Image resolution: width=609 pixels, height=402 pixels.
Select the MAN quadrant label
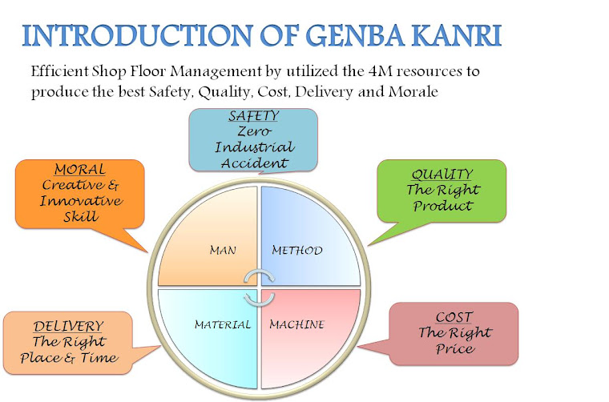[x=222, y=251]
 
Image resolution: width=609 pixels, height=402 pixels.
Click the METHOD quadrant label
[x=296, y=251]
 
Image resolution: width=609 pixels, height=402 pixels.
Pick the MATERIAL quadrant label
[x=223, y=324]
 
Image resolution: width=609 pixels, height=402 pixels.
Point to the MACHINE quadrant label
[x=296, y=324]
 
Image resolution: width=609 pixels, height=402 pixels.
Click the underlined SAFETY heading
[x=253, y=117]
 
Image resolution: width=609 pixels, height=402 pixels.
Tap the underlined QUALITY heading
[x=442, y=175]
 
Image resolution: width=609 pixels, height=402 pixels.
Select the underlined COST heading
[x=454, y=318]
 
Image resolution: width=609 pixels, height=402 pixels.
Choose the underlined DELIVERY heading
[x=68, y=327]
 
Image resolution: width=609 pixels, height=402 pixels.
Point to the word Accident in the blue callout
[x=253, y=163]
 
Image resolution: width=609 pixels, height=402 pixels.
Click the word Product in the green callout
[x=442, y=206]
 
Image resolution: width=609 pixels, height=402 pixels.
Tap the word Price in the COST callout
[x=454, y=349]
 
